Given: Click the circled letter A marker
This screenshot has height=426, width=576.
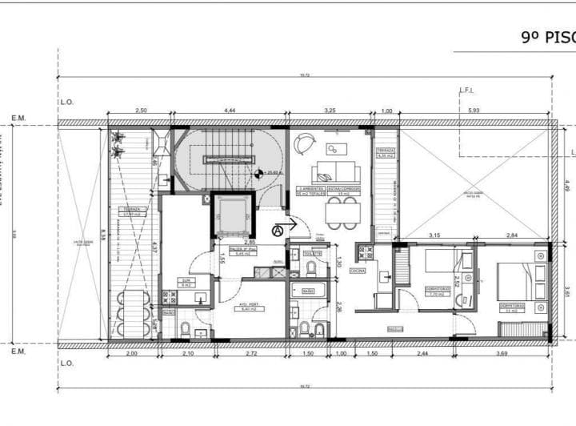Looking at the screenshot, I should (x=278, y=231).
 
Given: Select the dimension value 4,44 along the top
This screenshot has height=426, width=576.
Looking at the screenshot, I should (x=229, y=111).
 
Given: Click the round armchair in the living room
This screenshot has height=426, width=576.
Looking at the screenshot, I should (x=305, y=143).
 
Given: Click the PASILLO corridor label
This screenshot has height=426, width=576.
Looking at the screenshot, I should (x=394, y=328).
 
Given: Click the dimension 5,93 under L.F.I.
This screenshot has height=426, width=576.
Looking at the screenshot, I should (x=474, y=111).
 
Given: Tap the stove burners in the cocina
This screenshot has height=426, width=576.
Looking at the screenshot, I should (x=366, y=252).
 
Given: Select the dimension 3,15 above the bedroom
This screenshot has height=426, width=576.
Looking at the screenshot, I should (x=435, y=235).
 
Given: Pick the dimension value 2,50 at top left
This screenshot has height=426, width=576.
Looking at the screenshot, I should (x=141, y=111).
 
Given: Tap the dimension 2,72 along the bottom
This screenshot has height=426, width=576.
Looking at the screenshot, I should (x=252, y=355).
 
